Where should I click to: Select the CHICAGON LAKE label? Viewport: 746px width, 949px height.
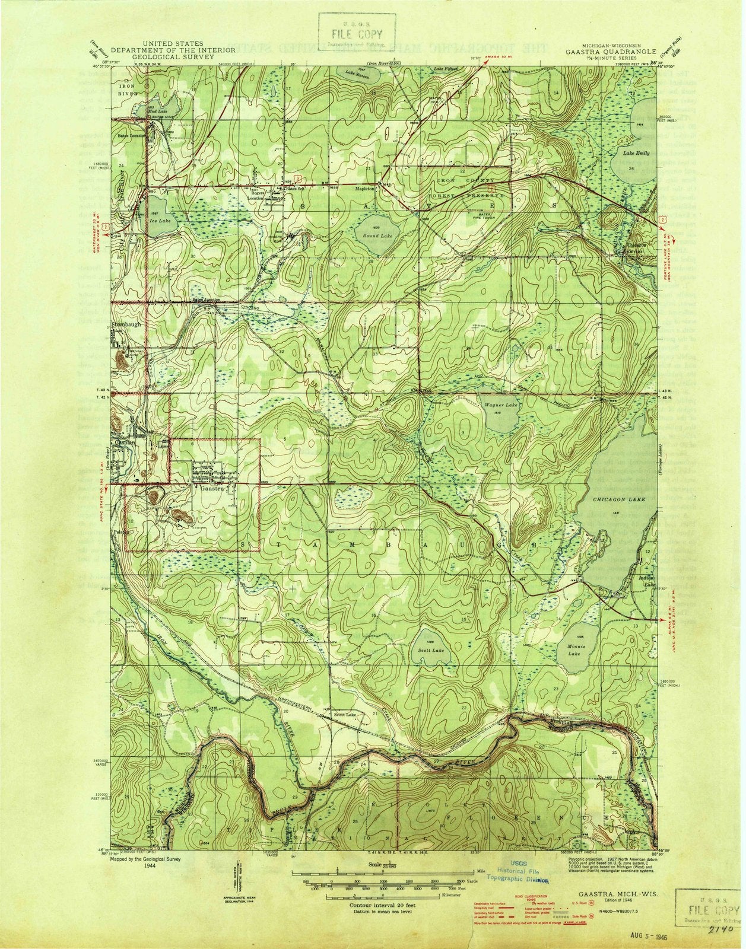point(619,500)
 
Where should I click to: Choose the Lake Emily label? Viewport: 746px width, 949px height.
point(636,153)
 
